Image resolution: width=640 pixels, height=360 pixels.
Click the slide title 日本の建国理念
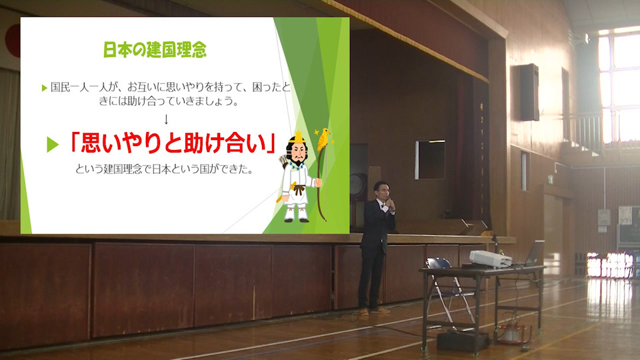(155, 50)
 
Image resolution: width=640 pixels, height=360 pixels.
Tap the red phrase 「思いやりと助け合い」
(172, 144)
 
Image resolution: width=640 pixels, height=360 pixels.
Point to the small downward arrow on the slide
(166, 119)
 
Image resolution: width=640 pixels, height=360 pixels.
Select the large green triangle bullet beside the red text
(52, 145)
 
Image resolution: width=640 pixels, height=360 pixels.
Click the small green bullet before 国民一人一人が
(45, 88)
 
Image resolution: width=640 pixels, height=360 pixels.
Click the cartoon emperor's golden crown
(299, 137)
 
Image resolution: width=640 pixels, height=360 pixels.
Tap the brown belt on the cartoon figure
(299, 189)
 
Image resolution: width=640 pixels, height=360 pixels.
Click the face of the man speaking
(382, 191)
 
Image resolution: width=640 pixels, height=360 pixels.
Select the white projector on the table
(490, 259)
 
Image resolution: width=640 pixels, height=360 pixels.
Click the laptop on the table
(532, 253)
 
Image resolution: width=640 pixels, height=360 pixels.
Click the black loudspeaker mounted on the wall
(529, 92)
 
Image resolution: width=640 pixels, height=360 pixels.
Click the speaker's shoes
(374, 311)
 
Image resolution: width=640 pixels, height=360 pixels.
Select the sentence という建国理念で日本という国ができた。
(164, 169)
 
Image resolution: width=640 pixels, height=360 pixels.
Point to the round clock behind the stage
(357, 185)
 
